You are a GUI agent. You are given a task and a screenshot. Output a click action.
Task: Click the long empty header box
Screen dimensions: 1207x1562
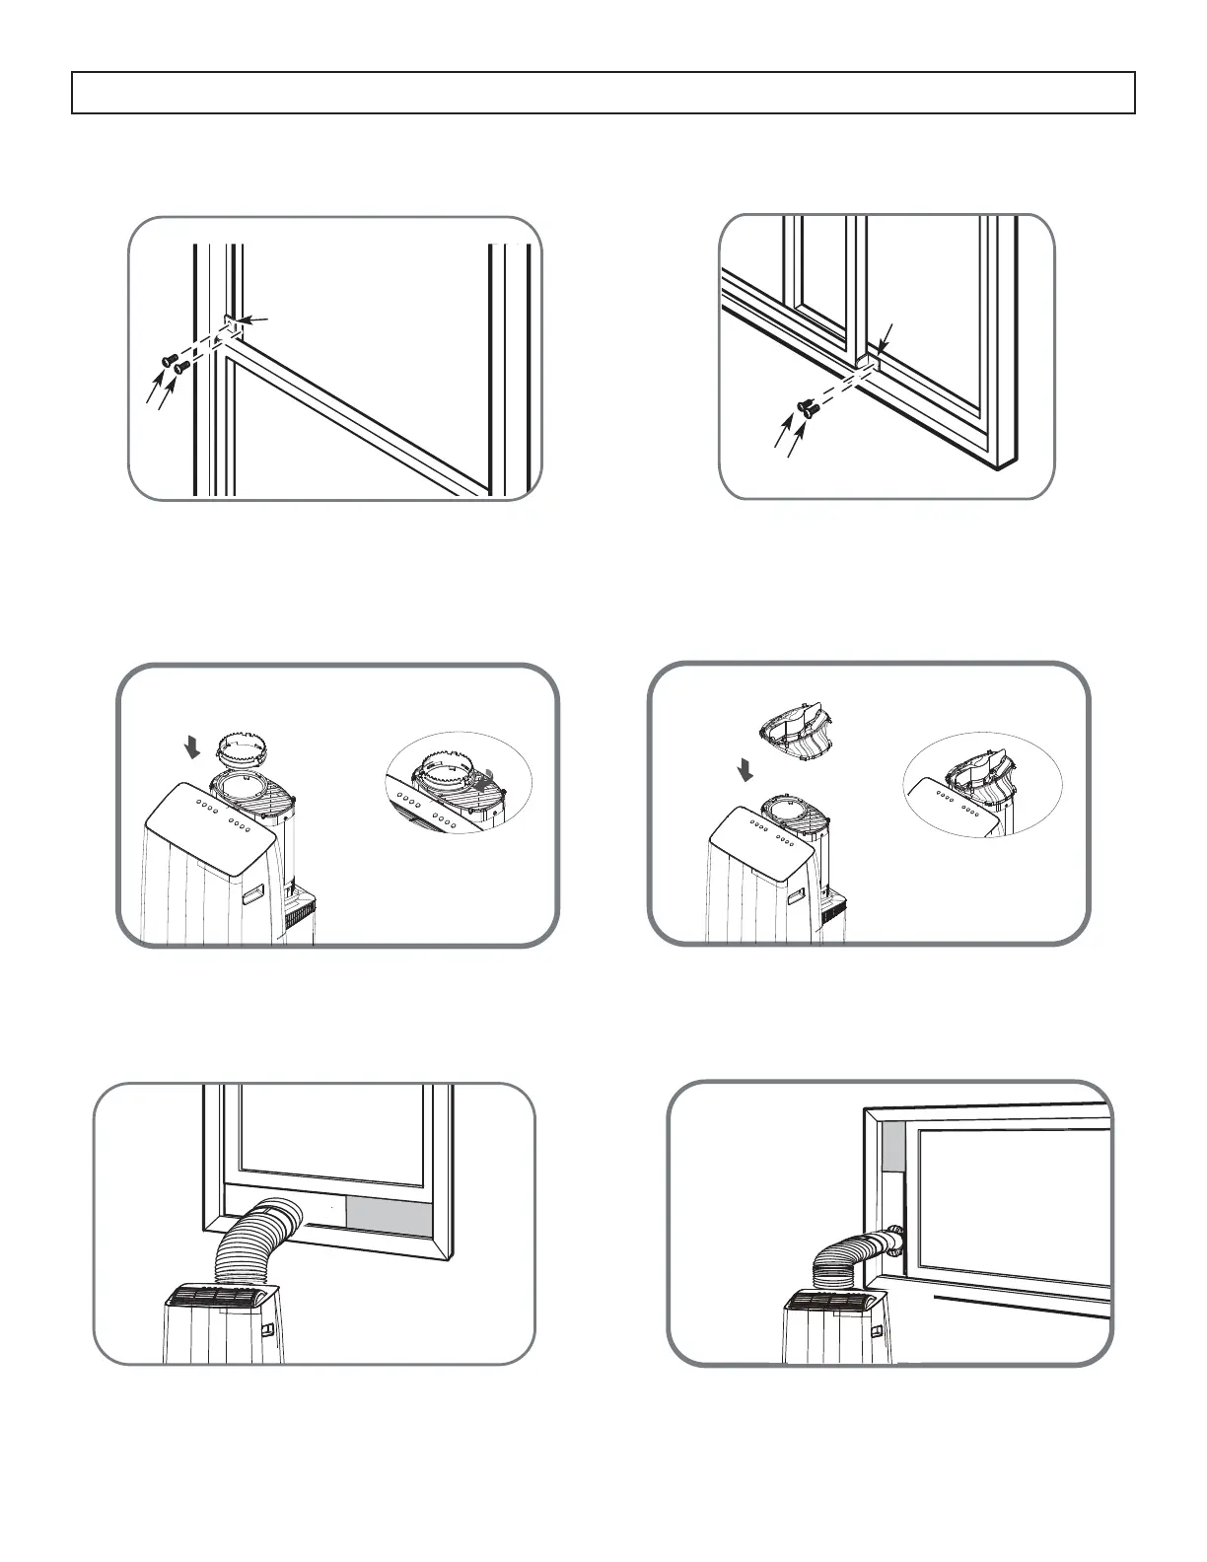(603, 93)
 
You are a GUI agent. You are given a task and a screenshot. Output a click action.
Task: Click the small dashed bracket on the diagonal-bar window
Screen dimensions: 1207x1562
(231, 326)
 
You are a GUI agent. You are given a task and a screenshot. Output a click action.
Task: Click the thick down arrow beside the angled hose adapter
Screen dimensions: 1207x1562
(745, 771)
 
